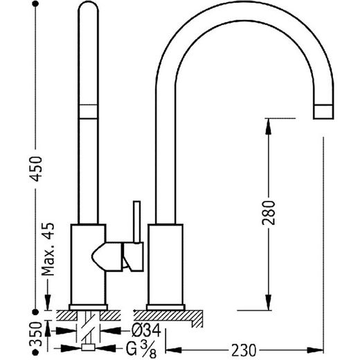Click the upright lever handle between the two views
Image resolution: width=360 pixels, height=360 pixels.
pos(136,222)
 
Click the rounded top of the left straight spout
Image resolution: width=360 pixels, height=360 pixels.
pos(89,8)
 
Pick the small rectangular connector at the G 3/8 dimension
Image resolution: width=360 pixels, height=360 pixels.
pos(88,348)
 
